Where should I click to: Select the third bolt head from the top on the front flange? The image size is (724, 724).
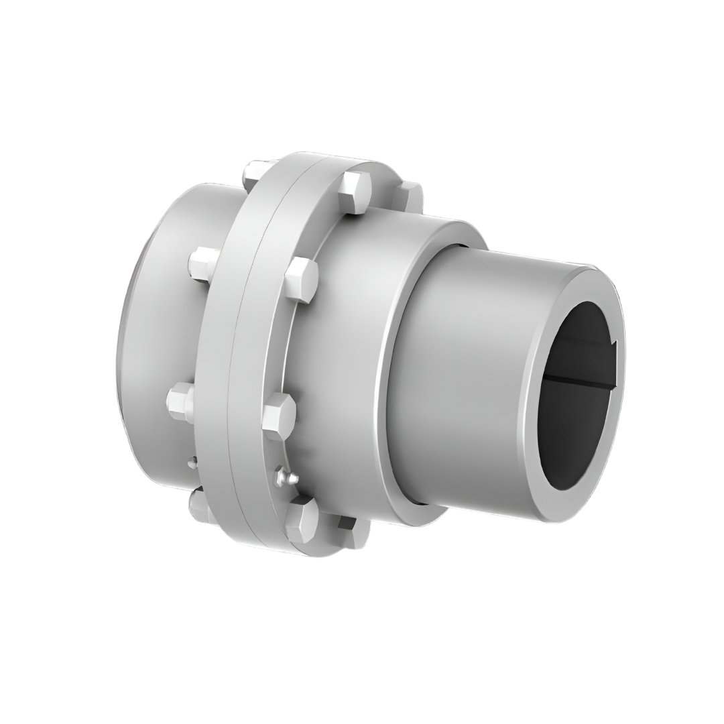tap(278, 416)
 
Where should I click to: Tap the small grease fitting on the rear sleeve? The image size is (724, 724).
tap(192, 461)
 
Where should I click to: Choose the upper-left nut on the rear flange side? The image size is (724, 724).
tap(203, 262)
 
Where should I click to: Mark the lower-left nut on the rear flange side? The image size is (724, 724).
tap(181, 402)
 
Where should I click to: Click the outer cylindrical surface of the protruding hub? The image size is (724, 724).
tap(469, 375)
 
